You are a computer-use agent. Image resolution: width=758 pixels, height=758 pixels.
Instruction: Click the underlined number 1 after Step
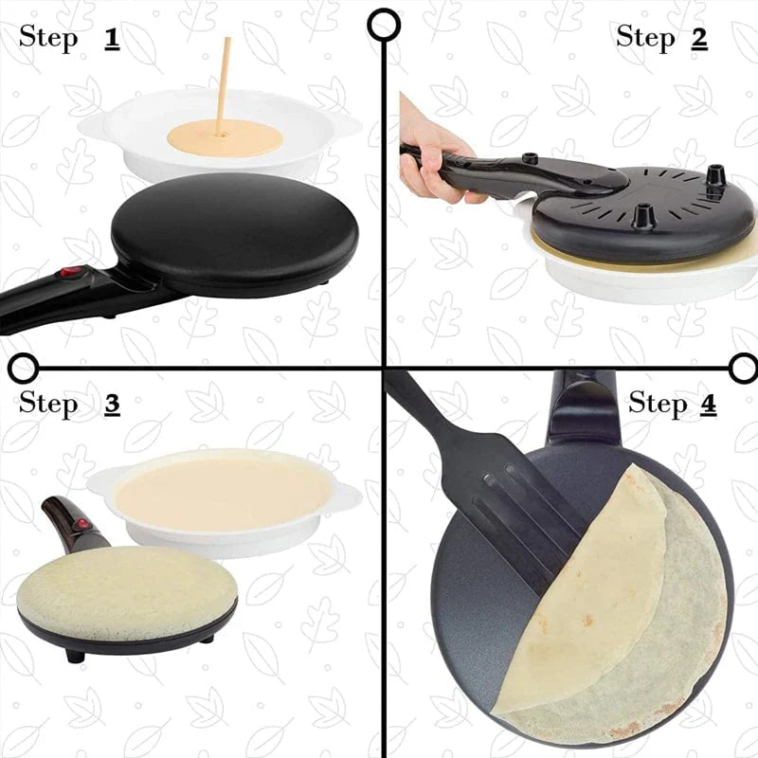coord(112,39)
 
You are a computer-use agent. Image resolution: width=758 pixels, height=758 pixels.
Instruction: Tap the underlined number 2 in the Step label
coord(699,38)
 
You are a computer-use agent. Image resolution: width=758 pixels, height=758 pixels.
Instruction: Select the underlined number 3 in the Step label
coord(112,404)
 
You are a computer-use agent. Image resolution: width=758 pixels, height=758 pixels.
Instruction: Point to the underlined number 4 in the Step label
coord(707,404)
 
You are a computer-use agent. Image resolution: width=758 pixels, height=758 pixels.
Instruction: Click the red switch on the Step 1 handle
coord(67,276)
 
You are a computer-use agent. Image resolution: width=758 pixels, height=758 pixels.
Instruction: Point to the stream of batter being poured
coord(224,85)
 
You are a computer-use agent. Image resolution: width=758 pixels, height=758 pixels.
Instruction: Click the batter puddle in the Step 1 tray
coord(225,140)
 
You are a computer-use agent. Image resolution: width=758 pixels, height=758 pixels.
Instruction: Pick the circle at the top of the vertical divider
coord(383,25)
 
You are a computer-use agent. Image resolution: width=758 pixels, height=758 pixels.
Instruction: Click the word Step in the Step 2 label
coord(645,38)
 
